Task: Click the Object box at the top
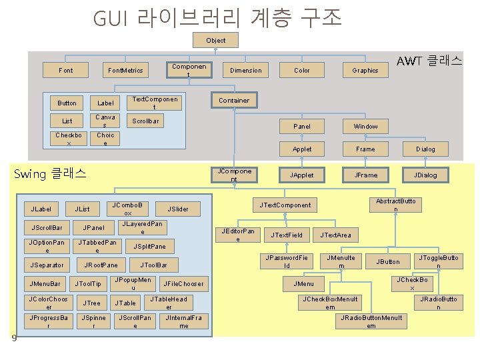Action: click(x=215, y=41)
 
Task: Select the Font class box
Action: click(x=66, y=70)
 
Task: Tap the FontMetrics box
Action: click(x=125, y=70)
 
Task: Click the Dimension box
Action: click(x=246, y=70)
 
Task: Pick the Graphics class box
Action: click(x=365, y=70)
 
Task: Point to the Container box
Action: click(x=234, y=101)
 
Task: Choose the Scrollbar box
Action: click(x=145, y=121)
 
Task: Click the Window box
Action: click(x=365, y=126)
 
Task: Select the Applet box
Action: click(x=302, y=149)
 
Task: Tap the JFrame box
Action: click(x=365, y=175)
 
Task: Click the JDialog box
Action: click(x=425, y=175)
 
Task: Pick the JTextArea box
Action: click(x=335, y=235)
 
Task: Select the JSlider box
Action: click(x=178, y=209)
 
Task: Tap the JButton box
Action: click(x=388, y=261)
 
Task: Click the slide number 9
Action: click(x=15, y=339)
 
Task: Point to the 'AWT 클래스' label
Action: click(x=429, y=61)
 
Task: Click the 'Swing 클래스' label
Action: click(x=50, y=174)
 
